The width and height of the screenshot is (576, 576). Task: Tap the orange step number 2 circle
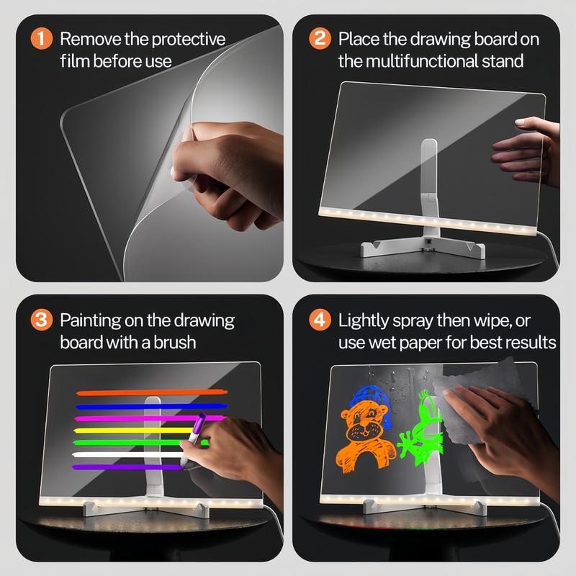pos(319,39)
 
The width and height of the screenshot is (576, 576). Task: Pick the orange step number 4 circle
pos(319,320)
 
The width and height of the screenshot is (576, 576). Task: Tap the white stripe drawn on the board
pos(130,455)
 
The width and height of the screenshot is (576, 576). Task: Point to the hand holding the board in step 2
pos(522,148)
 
